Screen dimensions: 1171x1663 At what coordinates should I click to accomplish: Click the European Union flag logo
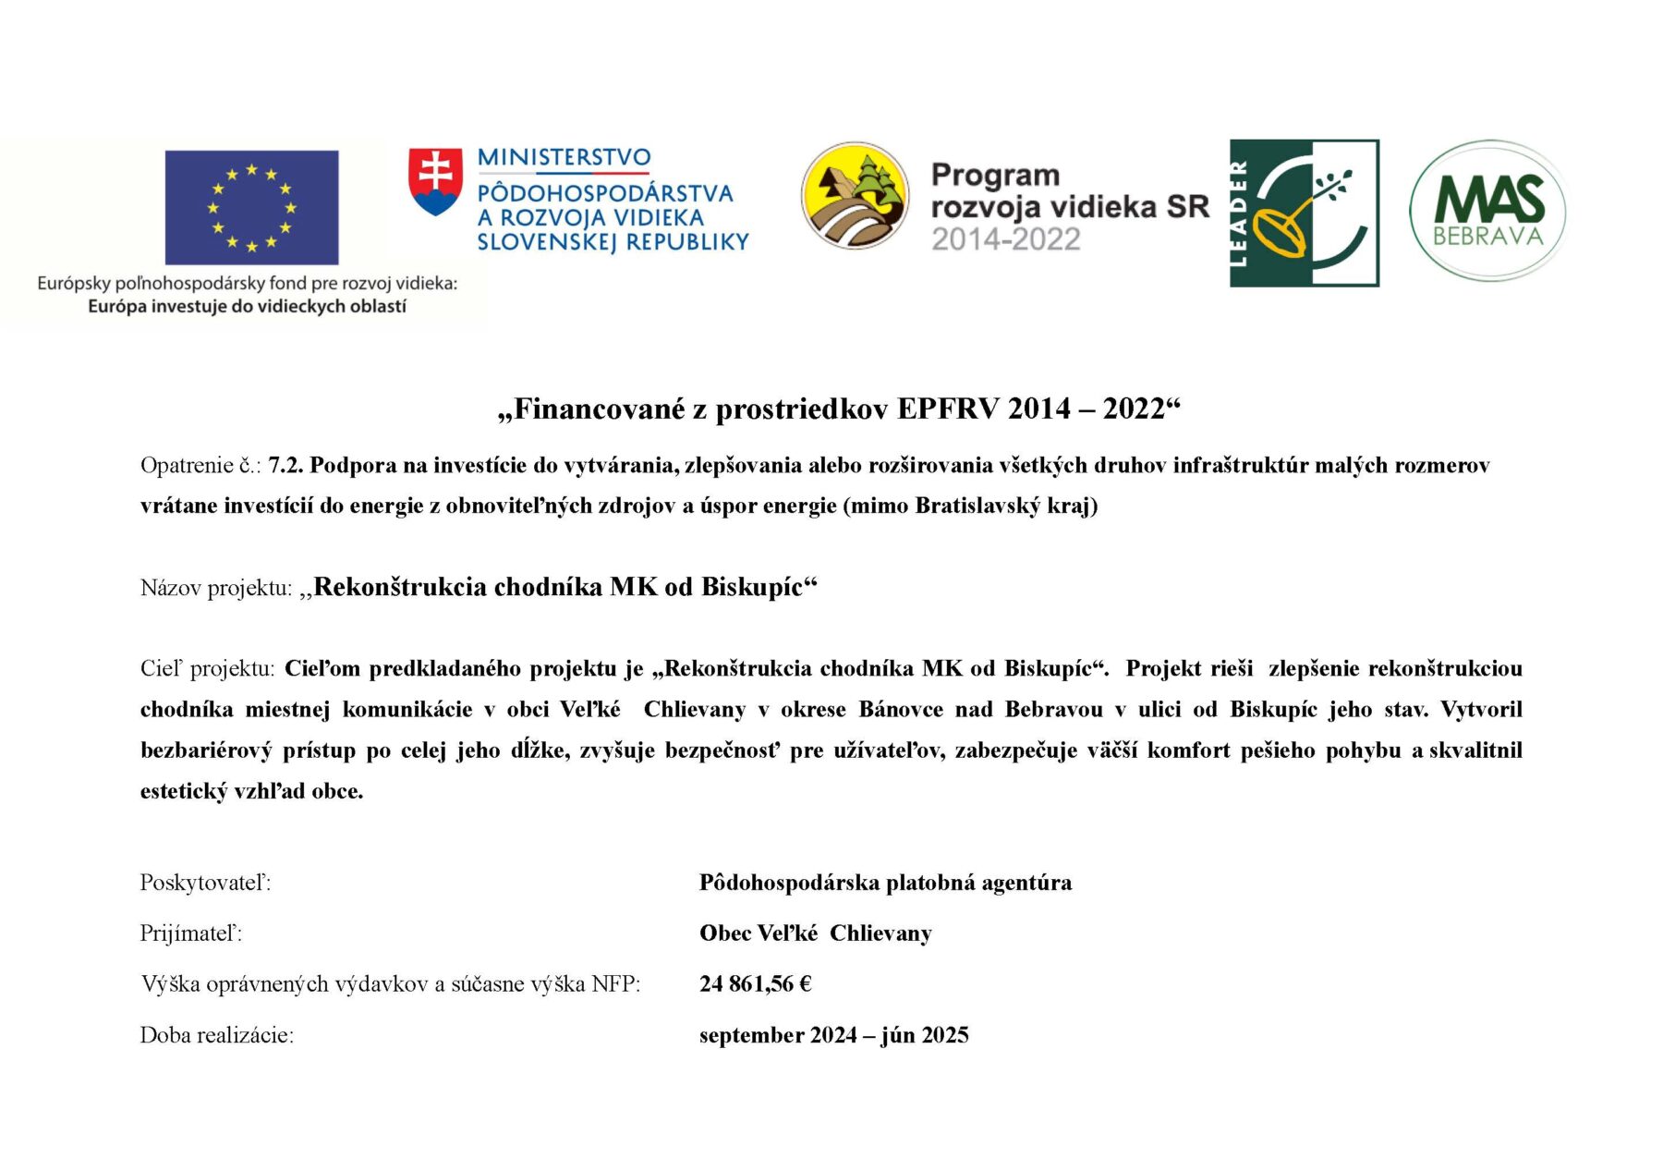point(251,208)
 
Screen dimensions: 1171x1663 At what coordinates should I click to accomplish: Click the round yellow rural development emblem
point(855,196)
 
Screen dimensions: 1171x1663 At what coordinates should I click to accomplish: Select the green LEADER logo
point(1304,213)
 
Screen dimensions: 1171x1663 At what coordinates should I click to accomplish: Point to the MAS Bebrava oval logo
point(1487,212)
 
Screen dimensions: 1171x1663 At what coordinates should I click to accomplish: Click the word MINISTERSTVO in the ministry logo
point(564,158)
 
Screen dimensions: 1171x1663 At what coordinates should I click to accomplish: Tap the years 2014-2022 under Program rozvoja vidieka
point(1005,240)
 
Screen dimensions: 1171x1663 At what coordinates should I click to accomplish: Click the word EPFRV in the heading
point(948,409)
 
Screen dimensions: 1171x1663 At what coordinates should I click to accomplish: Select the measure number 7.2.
point(285,466)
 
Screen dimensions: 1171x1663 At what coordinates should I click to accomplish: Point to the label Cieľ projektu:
point(207,669)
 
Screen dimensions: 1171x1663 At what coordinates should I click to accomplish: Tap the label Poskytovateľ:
point(205,883)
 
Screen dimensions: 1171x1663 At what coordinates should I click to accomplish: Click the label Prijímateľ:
point(191,933)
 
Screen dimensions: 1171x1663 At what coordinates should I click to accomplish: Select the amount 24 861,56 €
point(755,984)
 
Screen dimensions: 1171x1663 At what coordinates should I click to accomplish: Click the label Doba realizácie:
point(217,1035)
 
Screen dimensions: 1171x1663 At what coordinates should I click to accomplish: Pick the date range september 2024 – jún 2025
point(833,1035)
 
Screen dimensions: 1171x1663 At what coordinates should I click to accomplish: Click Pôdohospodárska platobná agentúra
point(885,883)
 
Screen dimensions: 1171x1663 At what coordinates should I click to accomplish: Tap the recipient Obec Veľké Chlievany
point(815,933)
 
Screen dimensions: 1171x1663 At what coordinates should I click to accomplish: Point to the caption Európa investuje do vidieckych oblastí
point(247,307)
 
